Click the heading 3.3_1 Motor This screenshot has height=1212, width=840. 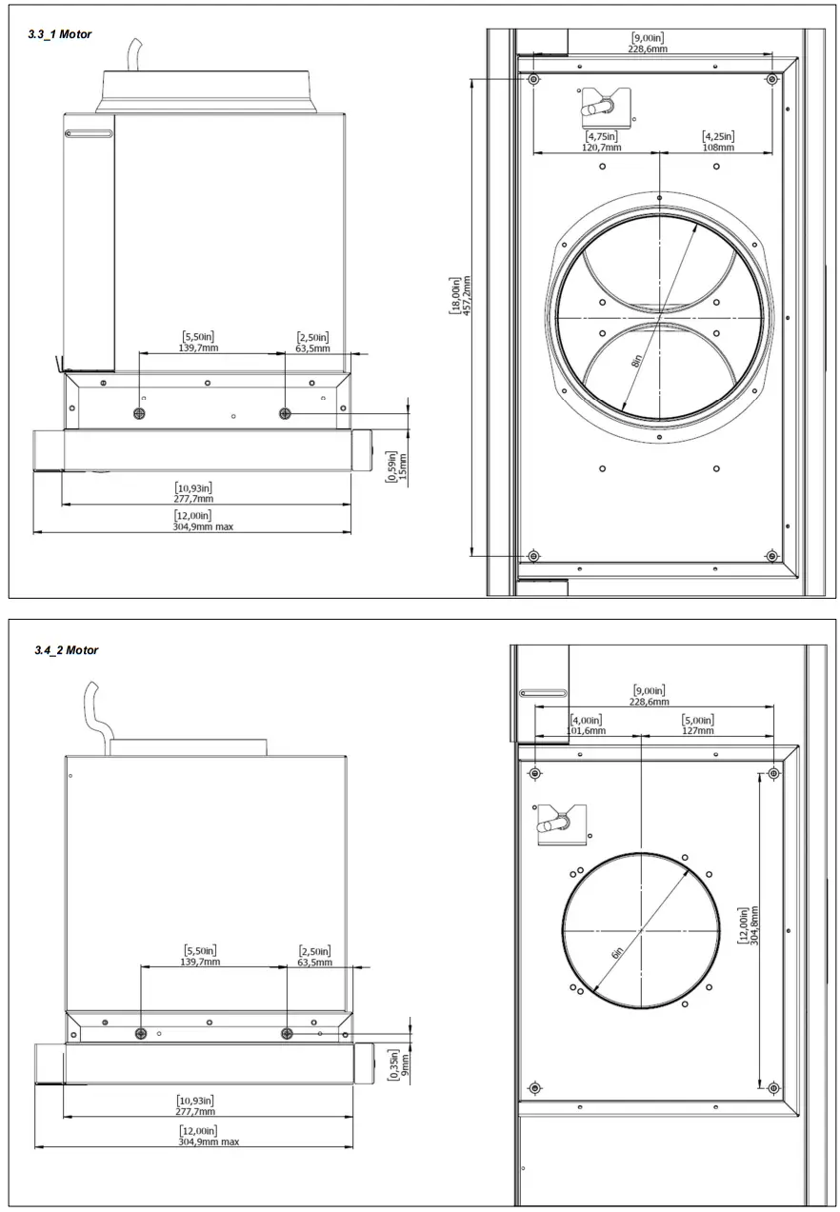coord(60,34)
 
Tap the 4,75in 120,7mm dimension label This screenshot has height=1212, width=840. coord(603,142)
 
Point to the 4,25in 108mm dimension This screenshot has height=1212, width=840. coord(718,142)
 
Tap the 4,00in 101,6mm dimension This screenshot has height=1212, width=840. coord(587,725)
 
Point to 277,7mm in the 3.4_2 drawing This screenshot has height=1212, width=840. coord(195,1111)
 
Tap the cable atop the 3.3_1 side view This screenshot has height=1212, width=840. coord(135,53)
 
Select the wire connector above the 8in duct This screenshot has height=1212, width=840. coord(603,105)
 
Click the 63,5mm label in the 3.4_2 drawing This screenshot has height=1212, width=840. coord(313,963)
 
